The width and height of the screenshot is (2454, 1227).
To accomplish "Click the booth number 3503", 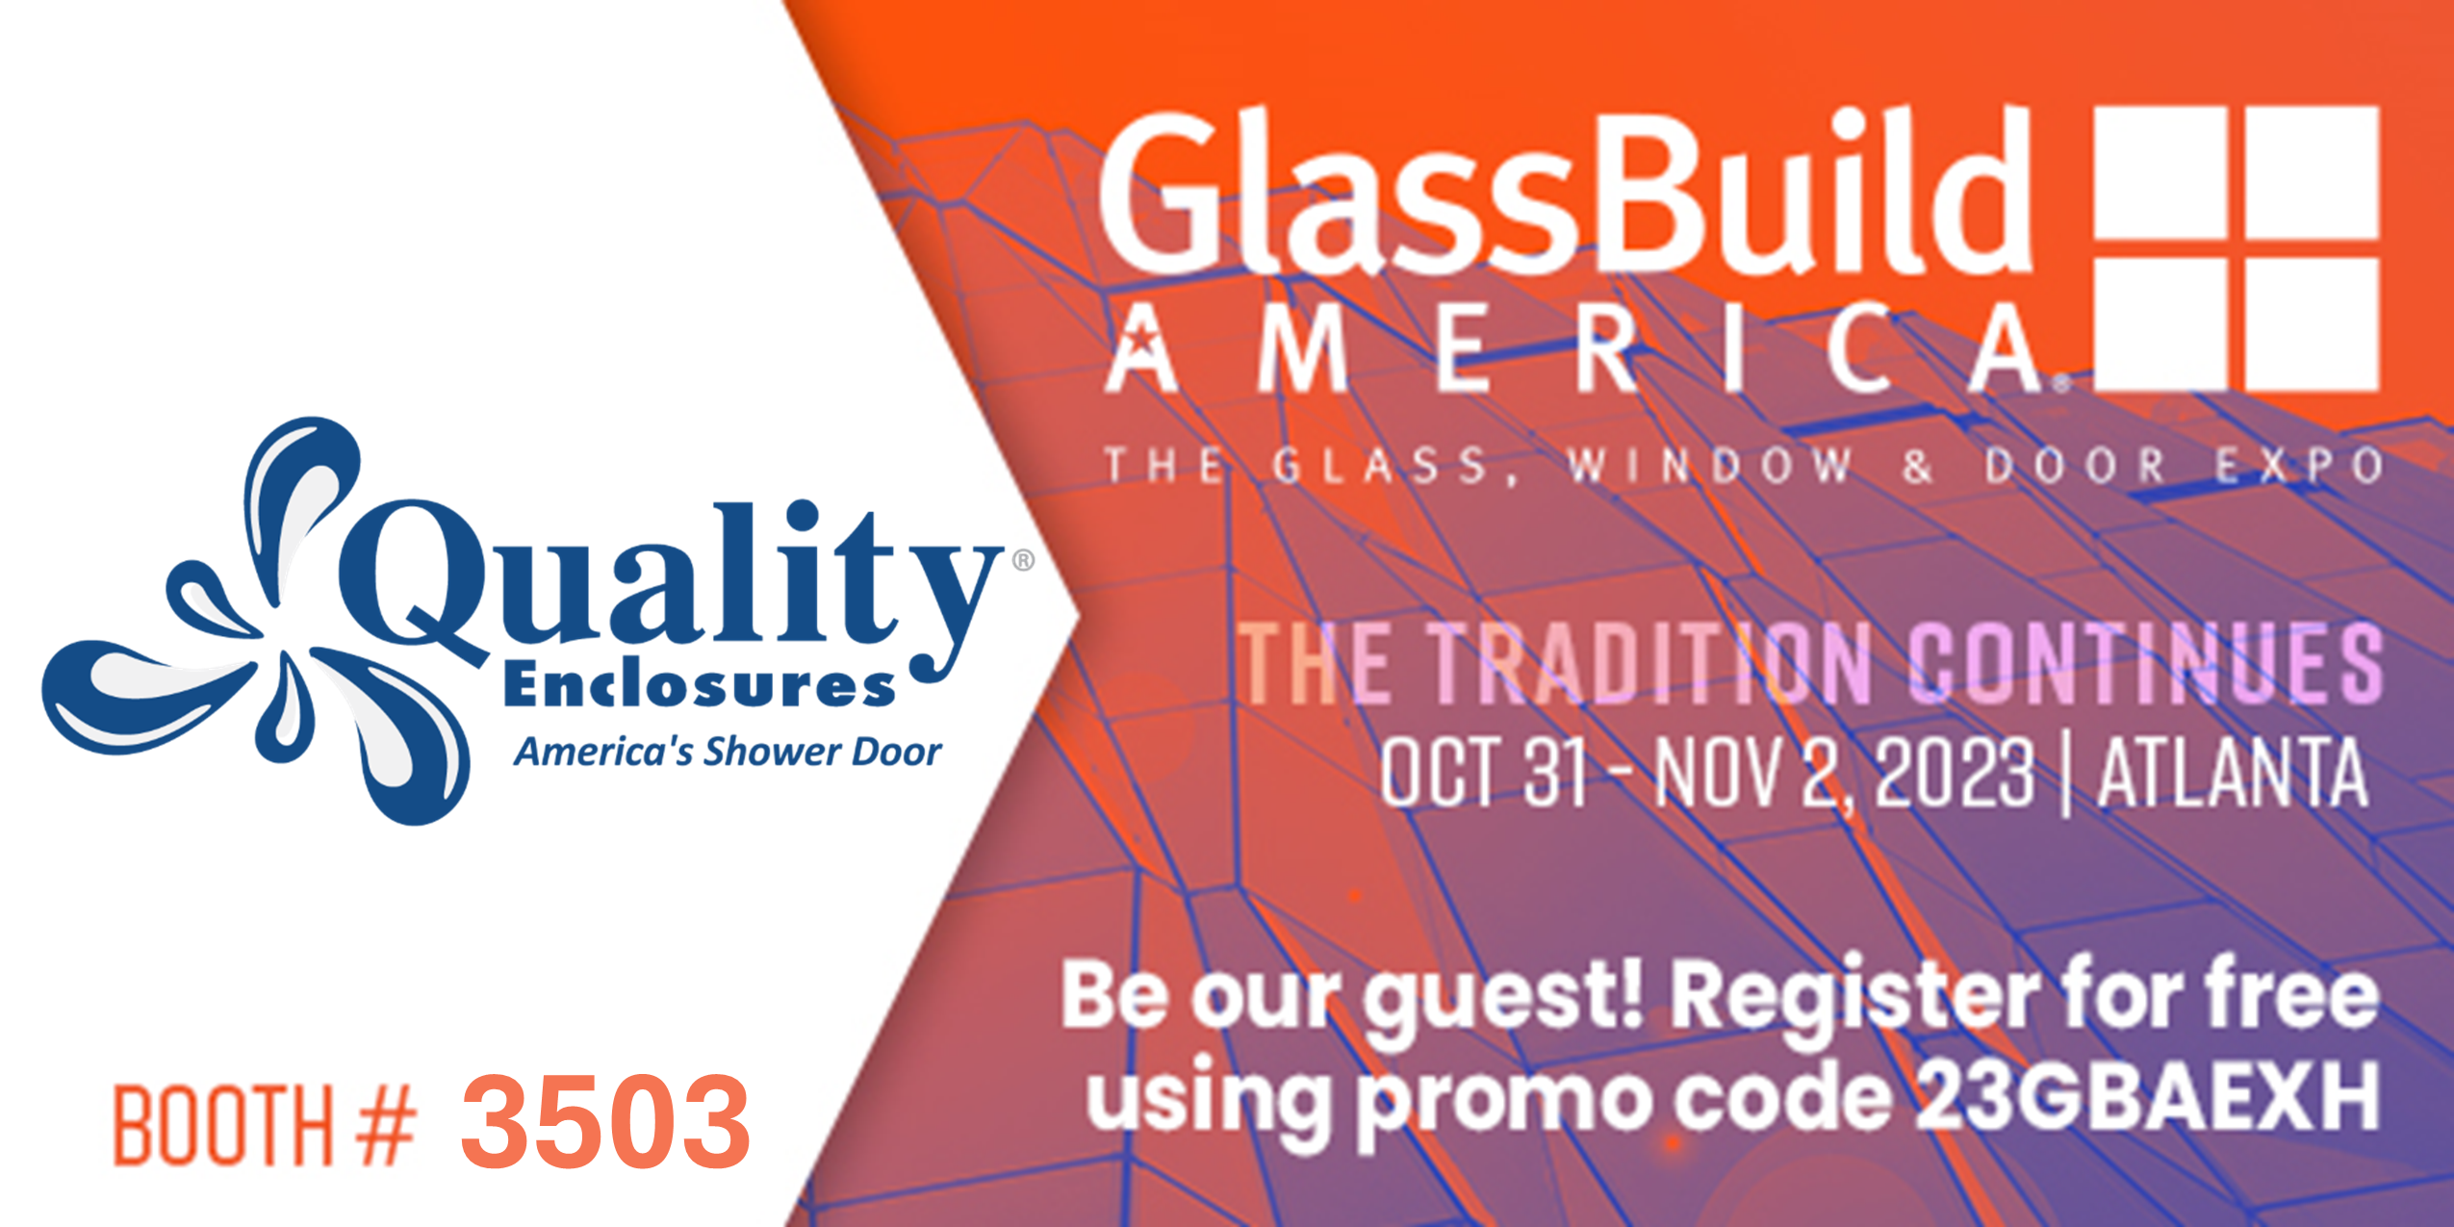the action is click(605, 1120).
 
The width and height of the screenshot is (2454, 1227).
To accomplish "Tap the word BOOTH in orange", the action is click(223, 1125).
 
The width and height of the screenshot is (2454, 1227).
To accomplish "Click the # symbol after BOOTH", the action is click(386, 1125).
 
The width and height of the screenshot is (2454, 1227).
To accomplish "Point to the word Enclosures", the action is click(700, 685).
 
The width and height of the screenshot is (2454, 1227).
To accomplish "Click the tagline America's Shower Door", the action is click(728, 752).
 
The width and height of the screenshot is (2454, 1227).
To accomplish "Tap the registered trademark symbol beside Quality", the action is click(1023, 560).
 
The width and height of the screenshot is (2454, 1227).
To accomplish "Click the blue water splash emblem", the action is click(255, 621).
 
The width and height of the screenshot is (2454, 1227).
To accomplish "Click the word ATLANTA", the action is click(2233, 772).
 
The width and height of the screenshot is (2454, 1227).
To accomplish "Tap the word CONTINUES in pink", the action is click(2145, 662).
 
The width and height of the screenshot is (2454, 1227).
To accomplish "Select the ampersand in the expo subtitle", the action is click(1918, 466).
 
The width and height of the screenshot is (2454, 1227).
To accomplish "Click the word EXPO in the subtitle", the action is click(2299, 466).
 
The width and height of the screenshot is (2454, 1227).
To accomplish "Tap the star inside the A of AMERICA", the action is click(1142, 340).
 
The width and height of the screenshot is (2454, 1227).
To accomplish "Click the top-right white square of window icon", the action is click(2313, 173).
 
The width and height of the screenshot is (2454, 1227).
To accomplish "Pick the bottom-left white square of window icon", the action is click(2161, 324).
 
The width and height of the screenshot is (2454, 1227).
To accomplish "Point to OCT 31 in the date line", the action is click(1483, 772).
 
